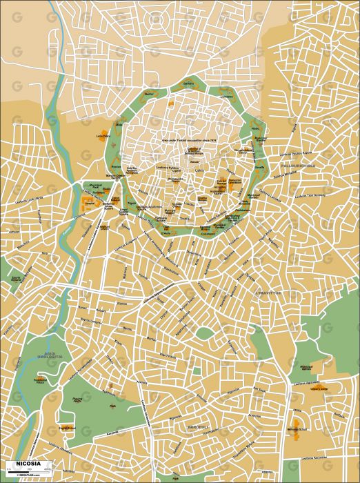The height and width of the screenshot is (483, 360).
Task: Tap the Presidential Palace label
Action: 40,379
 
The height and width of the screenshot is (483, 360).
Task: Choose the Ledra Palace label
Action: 104,136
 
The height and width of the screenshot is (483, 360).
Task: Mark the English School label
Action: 67,428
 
